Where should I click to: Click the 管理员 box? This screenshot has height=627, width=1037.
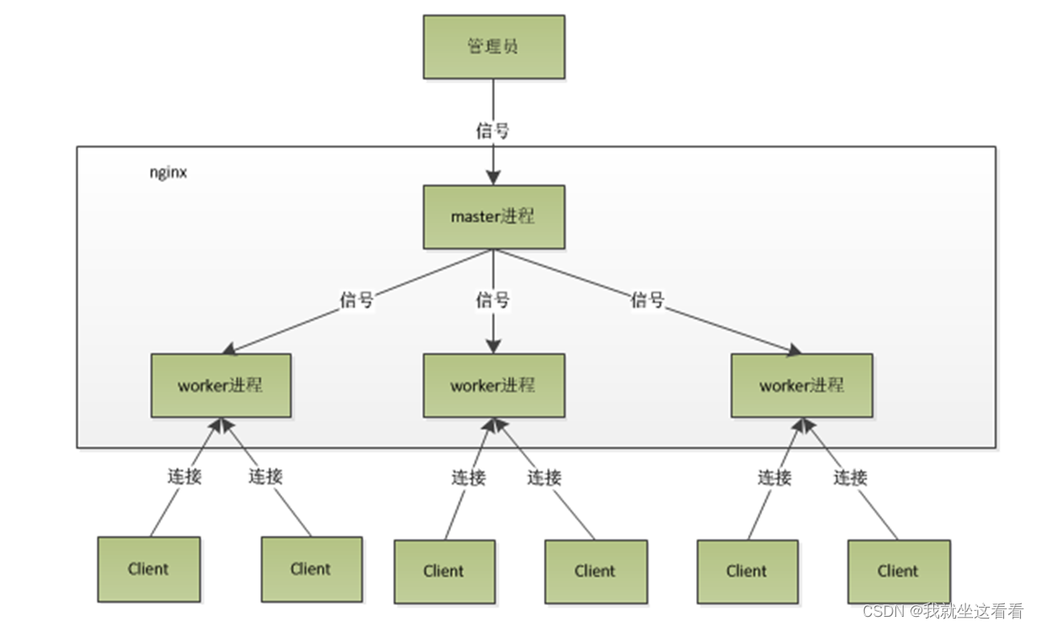point(493,47)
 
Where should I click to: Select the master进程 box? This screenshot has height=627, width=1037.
point(493,217)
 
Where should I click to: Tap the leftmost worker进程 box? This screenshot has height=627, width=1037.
point(221,385)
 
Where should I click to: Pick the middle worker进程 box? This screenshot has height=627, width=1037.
point(493,385)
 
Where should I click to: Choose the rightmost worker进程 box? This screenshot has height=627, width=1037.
point(801,385)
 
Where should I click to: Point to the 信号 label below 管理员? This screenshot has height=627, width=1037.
point(492,131)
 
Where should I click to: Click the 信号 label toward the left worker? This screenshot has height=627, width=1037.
point(357,299)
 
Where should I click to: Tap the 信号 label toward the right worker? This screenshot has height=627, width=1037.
point(647,299)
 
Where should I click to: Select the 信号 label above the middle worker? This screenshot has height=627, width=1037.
point(492,299)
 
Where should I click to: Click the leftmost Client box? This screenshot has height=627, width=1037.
point(148,569)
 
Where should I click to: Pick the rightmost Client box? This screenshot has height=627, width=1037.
point(898,571)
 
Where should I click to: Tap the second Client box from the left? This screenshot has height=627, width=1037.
point(311,569)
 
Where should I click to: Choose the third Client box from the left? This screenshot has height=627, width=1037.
point(444,571)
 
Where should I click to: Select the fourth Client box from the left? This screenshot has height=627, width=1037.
point(595,571)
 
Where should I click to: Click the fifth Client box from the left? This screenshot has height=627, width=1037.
point(747,571)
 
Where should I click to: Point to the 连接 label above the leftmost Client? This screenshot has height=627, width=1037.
point(184,476)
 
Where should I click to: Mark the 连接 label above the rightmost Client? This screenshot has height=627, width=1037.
point(850,478)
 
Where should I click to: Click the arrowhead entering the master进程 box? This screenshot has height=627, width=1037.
point(493,177)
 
